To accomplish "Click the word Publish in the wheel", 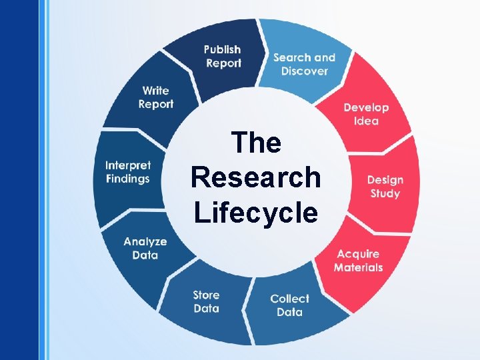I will [x=223, y=50].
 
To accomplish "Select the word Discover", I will [x=304, y=71].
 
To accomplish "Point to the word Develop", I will [x=366, y=107].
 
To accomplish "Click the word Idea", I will [x=366, y=121].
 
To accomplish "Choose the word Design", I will [x=385, y=180].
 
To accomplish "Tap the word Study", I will [x=385, y=194].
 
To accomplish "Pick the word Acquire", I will [x=358, y=254].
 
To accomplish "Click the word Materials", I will [x=358, y=268].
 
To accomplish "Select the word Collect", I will [x=289, y=299].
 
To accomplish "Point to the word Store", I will [x=206, y=295].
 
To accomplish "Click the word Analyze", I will [x=145, y=241].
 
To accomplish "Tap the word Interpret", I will [x=128, y=165].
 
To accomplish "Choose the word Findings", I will [x=128, y=179].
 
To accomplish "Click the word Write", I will [x=156, y=91].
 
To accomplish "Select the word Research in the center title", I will [x=255, y=177].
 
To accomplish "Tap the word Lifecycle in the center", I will [x=255, y=213].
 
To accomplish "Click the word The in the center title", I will [x=255, y=143].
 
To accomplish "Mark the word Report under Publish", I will [x=223, y=63].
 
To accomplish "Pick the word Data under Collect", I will [x=289, y=312].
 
